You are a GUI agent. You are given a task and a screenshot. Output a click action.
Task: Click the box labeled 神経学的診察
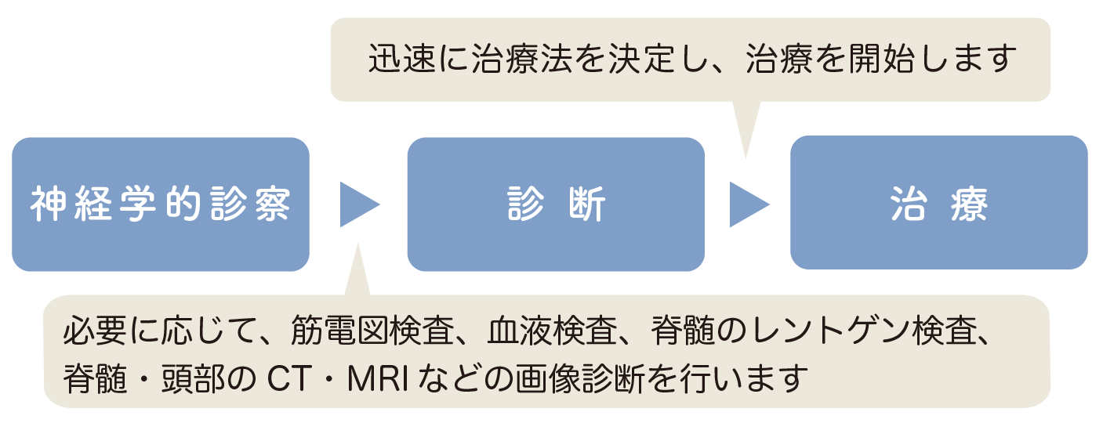(161, 204)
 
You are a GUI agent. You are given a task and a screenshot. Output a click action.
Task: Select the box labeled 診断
(556, 204)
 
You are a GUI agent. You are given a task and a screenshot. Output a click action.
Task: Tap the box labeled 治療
(939, 203)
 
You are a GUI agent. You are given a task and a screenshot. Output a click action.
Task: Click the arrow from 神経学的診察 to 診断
(360, 204)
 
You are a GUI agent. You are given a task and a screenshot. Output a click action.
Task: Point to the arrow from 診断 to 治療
(749, 204)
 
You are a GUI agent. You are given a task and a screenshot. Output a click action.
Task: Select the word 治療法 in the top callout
(522, 59)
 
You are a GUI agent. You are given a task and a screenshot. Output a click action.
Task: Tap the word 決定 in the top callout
(641, 59)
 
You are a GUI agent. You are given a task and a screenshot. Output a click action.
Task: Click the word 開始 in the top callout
(881, 59)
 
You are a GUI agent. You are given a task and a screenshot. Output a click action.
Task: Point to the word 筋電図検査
(372, 330)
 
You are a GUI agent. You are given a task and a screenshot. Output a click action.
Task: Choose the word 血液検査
(552, 330)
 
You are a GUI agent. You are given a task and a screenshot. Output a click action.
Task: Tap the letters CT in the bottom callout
(289, 378)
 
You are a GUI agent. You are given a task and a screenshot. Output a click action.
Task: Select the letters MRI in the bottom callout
(378, 378)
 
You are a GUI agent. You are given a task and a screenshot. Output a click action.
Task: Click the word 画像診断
(579, 378)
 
